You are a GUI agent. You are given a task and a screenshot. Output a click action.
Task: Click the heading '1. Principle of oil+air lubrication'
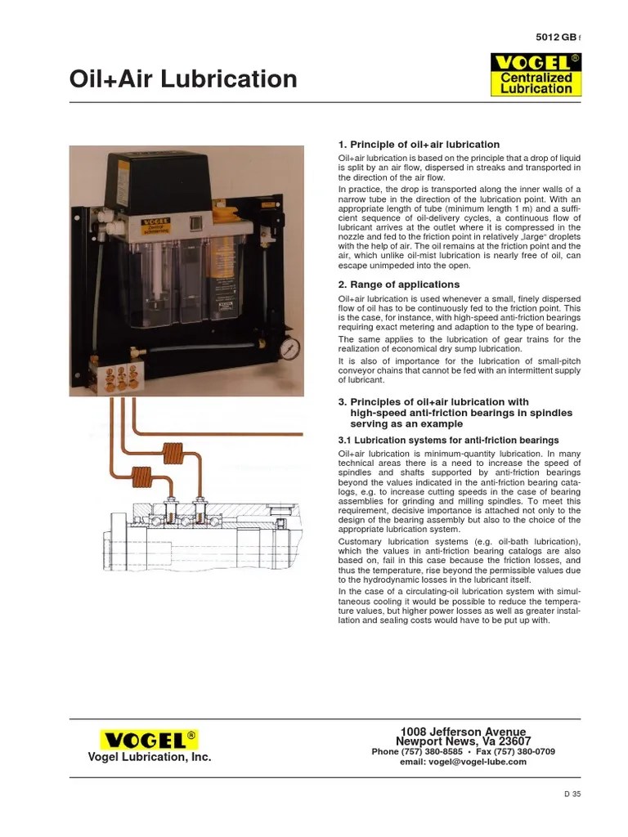(419, 145)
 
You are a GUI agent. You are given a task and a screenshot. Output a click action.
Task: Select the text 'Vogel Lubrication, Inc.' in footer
(150, 758)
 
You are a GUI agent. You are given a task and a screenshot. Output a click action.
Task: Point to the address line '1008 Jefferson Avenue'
(463, 732)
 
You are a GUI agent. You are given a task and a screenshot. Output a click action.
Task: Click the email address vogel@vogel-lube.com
(463, 762)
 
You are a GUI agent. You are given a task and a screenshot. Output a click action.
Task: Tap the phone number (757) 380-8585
(417, 751)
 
